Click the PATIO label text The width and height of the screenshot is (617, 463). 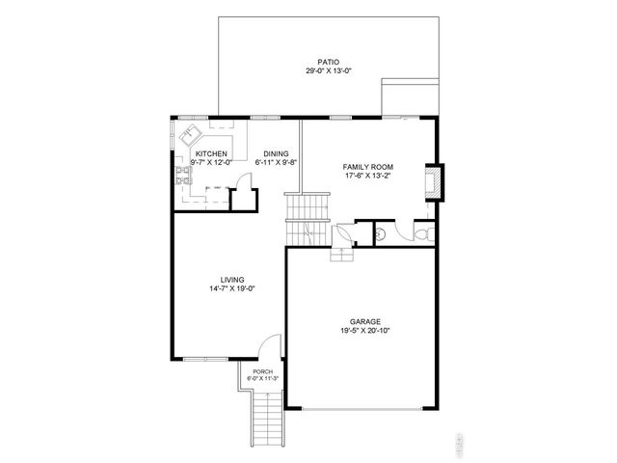pos(328,62)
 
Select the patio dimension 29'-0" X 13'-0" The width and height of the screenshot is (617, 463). pos(328,71)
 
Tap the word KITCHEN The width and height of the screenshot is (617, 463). pos(211,153)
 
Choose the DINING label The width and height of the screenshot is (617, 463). pos(276,153)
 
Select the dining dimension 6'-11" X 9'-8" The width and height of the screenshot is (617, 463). pos(276,162)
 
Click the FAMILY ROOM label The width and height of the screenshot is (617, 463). pos(367,167)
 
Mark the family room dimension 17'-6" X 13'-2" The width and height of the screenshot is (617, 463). pos(367,177)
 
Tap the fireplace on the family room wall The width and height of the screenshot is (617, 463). pos(434,182)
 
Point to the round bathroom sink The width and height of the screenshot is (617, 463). pos(382,232)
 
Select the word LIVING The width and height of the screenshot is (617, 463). pos(231,279)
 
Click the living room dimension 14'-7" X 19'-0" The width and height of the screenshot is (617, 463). pos(231,288)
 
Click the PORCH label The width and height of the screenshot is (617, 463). pos(262,371)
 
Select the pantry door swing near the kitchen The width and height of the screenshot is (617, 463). pos(244,182)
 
